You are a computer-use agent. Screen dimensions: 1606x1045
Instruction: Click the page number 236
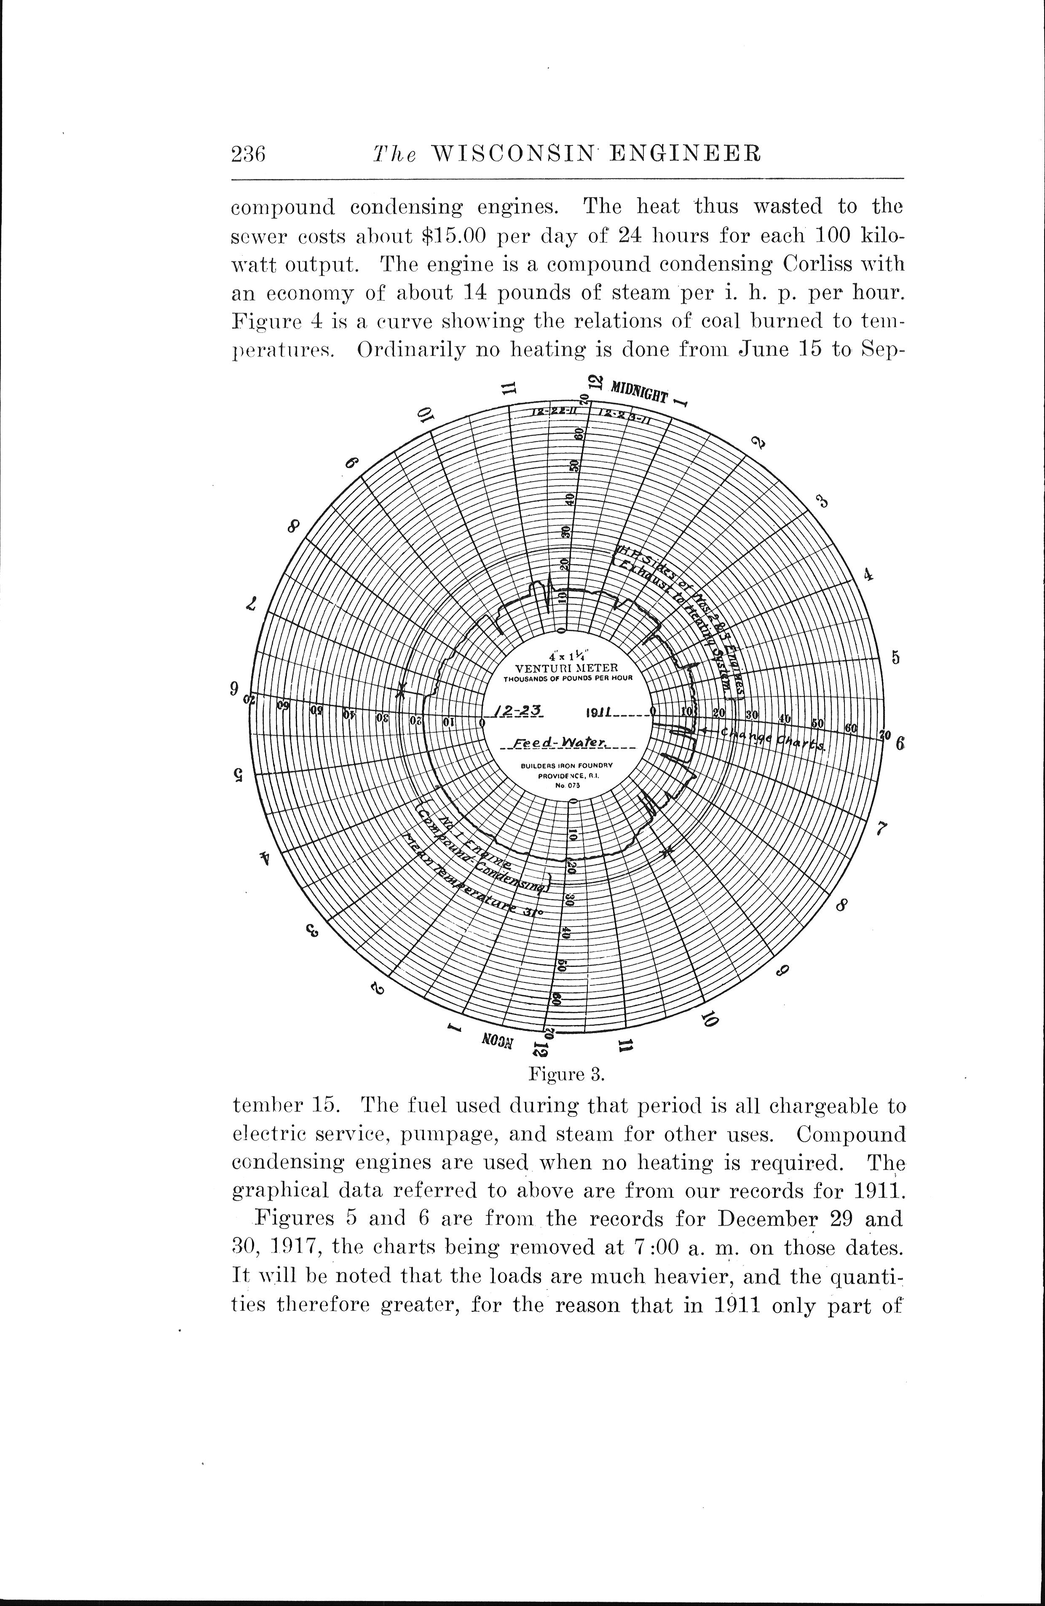(x=249, y=155)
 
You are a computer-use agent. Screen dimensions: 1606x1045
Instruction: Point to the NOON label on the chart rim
(x=498, y=1039)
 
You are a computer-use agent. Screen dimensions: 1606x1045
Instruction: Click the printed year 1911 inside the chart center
(x=599, y=712)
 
